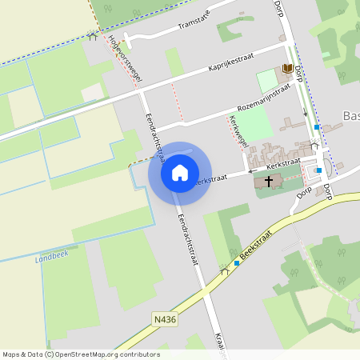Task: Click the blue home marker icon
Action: [x=179, y=172]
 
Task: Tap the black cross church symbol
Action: [x=269, y=182]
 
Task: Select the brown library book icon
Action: [x=286, y=70]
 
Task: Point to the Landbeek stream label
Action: [x=53, y=258]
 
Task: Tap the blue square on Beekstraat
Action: [x=238, y=262]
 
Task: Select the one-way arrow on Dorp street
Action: [x=305, y=114]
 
